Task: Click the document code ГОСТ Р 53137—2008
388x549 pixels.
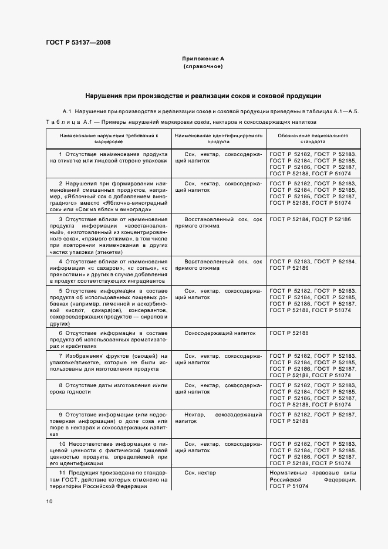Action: pyautogui.click(x=77, y=42)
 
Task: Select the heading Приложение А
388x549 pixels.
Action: pyautogui.click(x=203, y=59)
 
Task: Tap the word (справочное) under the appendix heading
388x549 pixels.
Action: pyautogui.click(x=203, y=67)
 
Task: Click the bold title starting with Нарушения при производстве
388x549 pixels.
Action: pyautogui.click(x=203, y=96)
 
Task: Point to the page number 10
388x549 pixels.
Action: pyautogui.click(x=49, y=501)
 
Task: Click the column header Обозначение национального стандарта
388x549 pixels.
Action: pyautogui.click(x=313, y=138)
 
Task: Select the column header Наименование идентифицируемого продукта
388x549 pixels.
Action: pyautogui.click(x=218, y=138)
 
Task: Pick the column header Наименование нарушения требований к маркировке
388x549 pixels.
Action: pyautogui.click(x=108, y=138)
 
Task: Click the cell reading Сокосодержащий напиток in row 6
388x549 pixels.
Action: pyautogui.click(x=220, y=333)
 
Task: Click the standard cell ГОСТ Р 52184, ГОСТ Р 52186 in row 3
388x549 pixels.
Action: pyautogui.click(x=309, y=219)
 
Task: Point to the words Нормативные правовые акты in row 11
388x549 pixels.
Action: pyautogui.click(x=312, y=473)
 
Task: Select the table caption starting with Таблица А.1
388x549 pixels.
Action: pyautogui.click(x=181, y=122)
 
